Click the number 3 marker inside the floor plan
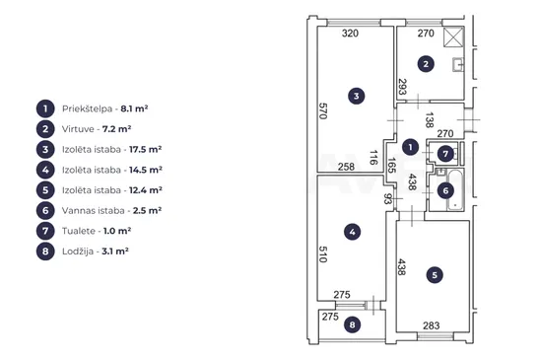(x=357, y=96)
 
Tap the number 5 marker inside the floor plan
(x=435, y=275)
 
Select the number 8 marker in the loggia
(x=353, y=324)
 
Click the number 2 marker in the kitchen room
(x=426, y=64)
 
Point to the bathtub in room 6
(x=455, y=189)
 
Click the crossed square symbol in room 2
(x=453, y=36)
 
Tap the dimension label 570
(x=322, y=111)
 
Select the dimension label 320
(x=350, y=34)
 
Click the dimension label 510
(x=322, y=254)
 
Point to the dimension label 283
(x=432, y=325)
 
